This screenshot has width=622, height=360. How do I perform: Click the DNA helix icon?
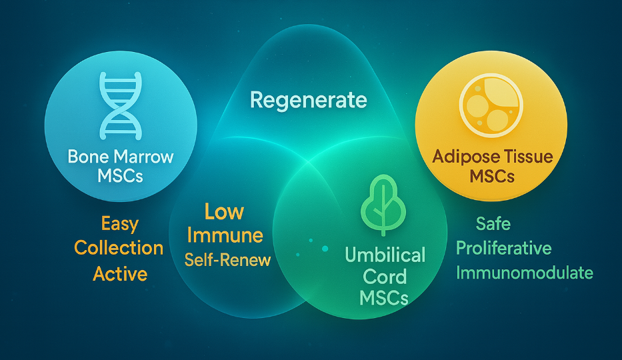point(121,106)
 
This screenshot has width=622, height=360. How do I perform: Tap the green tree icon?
point(383,204)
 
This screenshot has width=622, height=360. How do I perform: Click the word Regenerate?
point(309,100)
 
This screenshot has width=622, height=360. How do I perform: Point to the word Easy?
point(120,224)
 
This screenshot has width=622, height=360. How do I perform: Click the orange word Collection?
point(119,248)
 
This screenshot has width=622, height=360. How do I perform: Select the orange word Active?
point(120,273)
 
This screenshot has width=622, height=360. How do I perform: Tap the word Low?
point(224,212)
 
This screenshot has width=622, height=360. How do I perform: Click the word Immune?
point(225,235)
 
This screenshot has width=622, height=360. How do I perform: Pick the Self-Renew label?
point(228,260)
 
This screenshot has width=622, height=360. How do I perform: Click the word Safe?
point(493,223)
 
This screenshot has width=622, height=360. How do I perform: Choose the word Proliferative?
point(504,249)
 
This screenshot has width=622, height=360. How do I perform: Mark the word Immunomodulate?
point(525,273)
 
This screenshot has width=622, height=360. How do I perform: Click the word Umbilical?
point(385,255)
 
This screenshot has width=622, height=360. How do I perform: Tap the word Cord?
point(385,277)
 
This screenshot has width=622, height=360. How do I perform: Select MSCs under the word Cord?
point(384,298)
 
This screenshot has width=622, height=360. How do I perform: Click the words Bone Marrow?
point(121,157)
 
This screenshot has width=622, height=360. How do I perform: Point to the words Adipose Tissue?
point(493,156)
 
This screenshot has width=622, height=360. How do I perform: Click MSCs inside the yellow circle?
point(492,175)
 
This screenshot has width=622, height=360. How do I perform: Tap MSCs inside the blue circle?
point(120,175)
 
